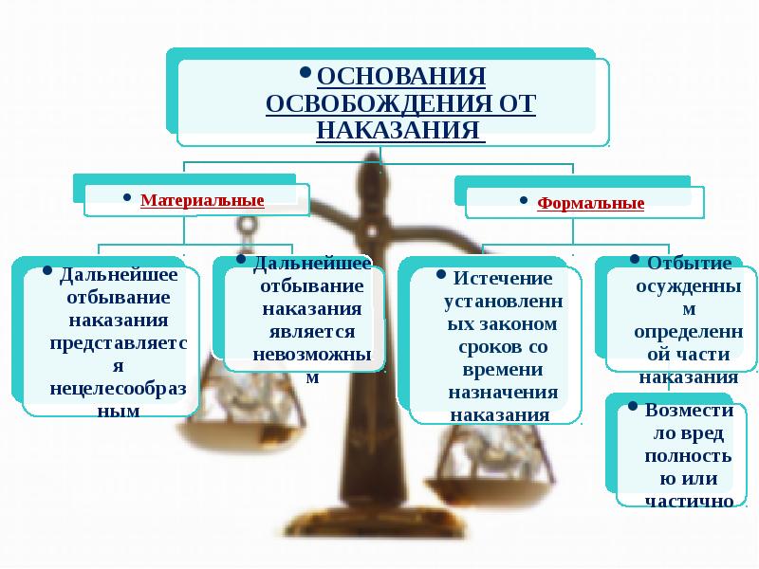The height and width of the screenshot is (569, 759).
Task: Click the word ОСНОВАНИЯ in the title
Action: click(x=401, y=76)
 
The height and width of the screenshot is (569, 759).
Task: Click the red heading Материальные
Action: click(x=202, y=200)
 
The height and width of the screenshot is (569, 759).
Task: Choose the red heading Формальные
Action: click(x=590, y=203)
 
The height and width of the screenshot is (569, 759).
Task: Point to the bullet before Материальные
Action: click(x=127, y=197)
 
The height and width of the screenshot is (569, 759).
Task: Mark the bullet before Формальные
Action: click(x=524, y=200)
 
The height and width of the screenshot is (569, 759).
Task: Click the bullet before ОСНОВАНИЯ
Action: click(x=305, y=73)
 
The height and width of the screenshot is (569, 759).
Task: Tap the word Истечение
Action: click(x=503, y=278)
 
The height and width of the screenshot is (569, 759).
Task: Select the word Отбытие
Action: click(x=690, y=263)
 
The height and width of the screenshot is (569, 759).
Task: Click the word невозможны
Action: click(x=312, y=354)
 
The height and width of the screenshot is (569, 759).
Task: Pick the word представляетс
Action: click(x=119, y=343)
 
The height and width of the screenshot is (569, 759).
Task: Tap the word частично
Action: click(x=690, y=502)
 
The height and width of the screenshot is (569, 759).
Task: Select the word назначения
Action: click(x=503, y=392)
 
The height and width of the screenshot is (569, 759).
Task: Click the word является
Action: click(x=312, y=332)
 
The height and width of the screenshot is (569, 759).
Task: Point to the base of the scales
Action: click(x=374, y=523)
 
